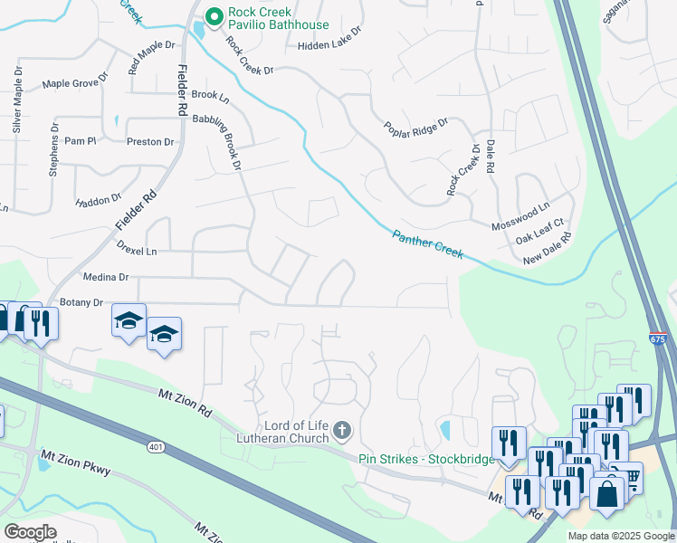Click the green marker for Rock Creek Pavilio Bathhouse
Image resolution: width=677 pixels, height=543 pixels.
pyautogui.click(x=215, y=15)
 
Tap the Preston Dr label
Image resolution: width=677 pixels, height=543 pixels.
pyautogui.click(x=150, y=142)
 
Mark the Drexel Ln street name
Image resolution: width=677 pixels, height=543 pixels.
pyautogui.click(x=137, y=247)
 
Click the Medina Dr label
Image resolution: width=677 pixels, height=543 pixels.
pyautogui.click(x=106, y=278)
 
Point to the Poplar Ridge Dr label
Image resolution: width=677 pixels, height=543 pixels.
pyautogui.click(x=415, y=128)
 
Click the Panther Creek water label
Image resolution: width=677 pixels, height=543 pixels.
pyautogui.click(x=428, y=244)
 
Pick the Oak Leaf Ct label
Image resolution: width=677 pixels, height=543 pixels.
pyautogui.click(x=539, y=232)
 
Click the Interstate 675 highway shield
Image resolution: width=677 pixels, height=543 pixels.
pyautogui.click(x=658, y=338)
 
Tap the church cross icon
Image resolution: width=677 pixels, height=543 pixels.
pyautogui.click(x=342, y=429)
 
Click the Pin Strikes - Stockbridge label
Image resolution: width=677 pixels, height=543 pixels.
pyautogui.click(x=426, y=459)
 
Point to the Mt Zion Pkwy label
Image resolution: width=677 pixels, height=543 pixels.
pyautogui.click(x=79, y=462)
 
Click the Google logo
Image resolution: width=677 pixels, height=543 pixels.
pyautogui.click(x=30, y=532)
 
